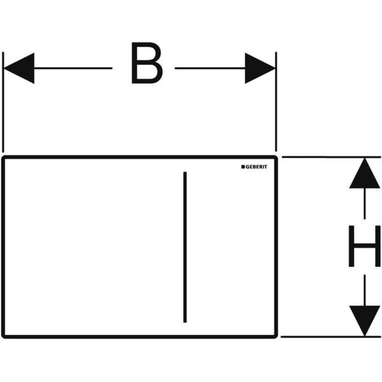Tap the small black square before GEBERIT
click(242, 167)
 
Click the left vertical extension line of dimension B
click(3, 102)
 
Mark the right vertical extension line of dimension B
click(276, 102)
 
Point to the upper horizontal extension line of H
click(331, 157)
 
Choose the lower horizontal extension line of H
click(331, 336)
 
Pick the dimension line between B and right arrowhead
click(210, 68)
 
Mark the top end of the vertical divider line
click(185, 173)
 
